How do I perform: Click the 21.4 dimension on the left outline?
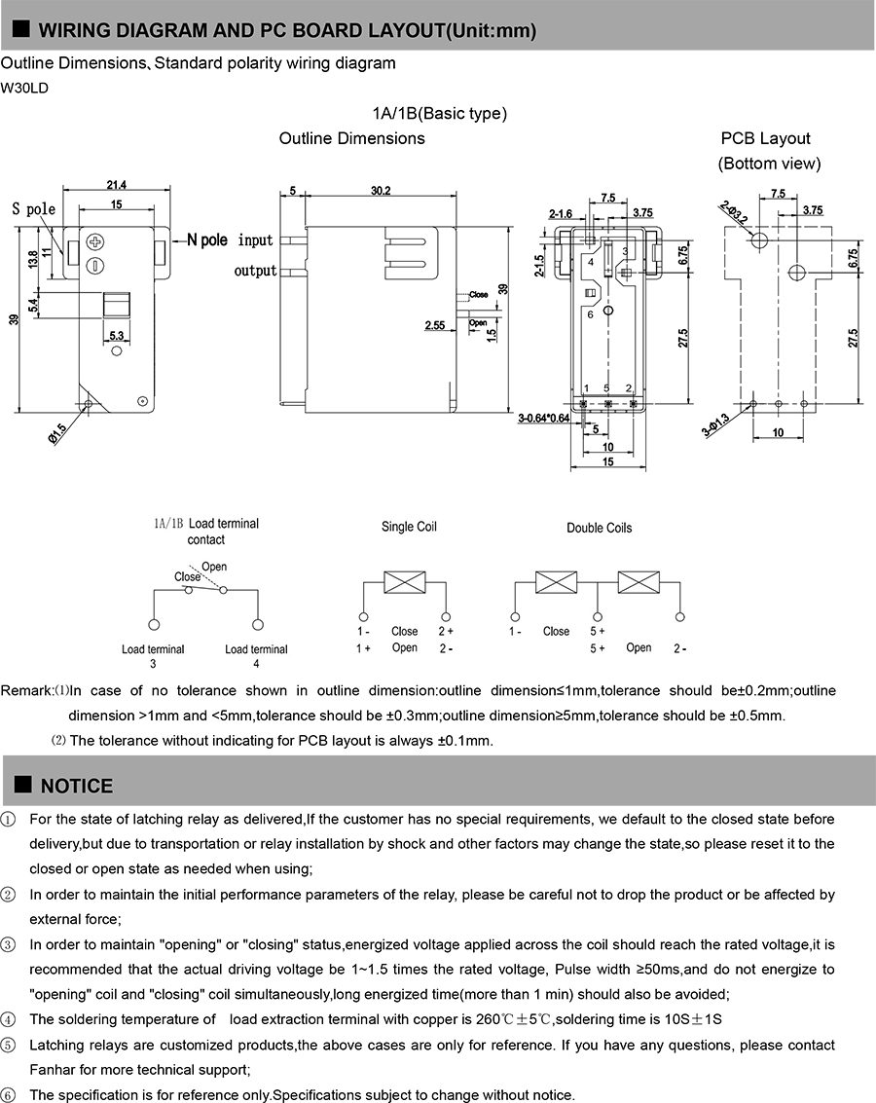point(116,185)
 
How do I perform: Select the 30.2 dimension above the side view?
point(380,191)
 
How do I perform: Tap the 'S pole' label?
point(34,209)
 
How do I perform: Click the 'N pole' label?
point(206,239)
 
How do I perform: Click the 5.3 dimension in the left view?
point(116,336)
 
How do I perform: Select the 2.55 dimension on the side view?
point(434,326)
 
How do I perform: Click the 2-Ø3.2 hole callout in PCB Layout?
point(735,213)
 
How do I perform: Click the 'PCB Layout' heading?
point(765,138)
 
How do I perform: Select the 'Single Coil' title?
point(409,527)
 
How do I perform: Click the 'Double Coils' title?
point(599,528)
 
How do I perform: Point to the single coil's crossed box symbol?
point(403,583)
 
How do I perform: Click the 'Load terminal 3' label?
point(153,656)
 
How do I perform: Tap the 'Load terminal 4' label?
point(256,656)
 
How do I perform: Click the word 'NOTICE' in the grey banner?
point(77,786)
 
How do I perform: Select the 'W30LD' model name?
point(24,88)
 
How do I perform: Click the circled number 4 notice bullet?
point(9,1019)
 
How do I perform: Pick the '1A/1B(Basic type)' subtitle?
point(439,113)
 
